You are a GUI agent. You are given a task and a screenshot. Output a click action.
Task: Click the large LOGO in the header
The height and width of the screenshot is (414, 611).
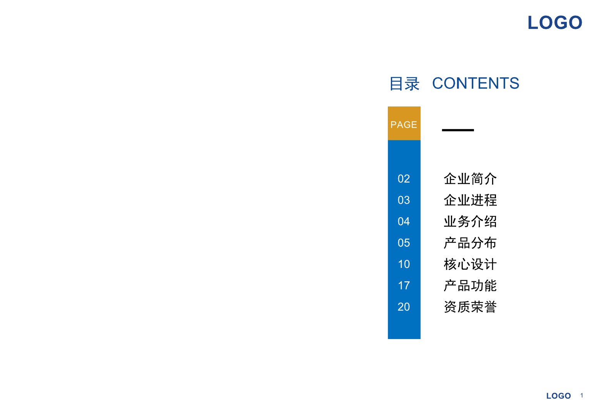click(555, 22)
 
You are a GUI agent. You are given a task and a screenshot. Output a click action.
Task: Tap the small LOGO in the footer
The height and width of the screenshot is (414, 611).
click(558, 396)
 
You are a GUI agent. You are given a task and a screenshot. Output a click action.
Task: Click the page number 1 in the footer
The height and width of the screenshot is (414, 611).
click(582, 395)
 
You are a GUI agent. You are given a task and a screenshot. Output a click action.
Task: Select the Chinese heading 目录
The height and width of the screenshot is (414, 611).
click(404, 84)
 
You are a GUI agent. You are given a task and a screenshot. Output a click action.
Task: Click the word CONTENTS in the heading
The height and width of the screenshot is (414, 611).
click(476, 83)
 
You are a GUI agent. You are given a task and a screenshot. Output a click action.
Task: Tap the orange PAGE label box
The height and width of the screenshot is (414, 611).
click(404, 123)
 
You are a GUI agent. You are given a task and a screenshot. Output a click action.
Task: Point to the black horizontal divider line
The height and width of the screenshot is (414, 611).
click(458, 130)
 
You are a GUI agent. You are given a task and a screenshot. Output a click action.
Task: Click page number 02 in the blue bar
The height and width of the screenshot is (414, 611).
click(404, 179)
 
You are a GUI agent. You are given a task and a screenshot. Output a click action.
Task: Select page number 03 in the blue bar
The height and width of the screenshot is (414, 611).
click(404, 200)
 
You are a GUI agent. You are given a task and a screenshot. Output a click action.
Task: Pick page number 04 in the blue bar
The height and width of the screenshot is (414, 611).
click(404, 221)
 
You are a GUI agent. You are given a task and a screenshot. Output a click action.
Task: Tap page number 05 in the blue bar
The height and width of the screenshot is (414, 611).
click(404, 243)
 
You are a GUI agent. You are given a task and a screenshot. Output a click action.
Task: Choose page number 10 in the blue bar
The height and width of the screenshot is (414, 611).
click(404, 264)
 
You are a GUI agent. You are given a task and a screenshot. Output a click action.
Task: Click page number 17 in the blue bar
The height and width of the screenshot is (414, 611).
click(404, 285)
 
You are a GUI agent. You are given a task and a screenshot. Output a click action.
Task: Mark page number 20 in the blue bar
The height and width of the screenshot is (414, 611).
click(404, 307)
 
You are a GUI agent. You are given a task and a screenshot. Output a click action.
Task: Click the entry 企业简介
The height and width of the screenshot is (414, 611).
click(470, 179)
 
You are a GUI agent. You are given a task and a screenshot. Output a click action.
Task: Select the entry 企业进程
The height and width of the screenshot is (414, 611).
click(470, 200)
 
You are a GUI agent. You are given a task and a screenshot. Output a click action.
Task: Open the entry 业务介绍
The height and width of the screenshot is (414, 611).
click(470, 221)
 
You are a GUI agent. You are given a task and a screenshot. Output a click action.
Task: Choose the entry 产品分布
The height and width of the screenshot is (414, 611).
click(470, 243)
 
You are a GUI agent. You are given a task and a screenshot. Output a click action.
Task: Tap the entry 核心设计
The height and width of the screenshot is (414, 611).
click(470, 264)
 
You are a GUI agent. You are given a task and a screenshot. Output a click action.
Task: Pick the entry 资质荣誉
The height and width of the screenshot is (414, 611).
click(470, 307)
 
